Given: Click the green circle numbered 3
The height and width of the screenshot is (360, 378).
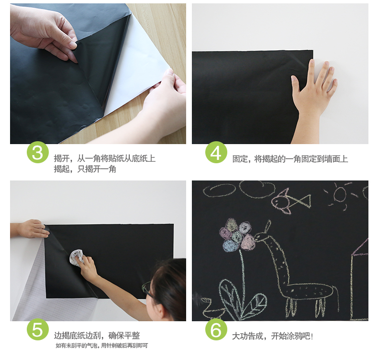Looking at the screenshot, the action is coord(38,152).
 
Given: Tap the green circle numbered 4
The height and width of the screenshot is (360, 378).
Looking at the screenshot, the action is coord(216,152).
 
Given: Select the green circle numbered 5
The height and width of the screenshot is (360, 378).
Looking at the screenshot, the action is coord(38,329).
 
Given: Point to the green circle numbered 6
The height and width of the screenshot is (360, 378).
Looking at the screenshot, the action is coord(216,329).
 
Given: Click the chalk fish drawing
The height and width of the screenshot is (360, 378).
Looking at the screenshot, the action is coord(290,202).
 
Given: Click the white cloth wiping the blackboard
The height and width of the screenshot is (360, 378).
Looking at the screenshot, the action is coord(77,258).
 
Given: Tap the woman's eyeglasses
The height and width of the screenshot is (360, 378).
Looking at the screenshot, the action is coord(147,289).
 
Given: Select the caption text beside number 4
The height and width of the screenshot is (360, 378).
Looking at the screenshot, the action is coord(290,159).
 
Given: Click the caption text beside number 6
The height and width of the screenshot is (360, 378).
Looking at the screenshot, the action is coord(272,336).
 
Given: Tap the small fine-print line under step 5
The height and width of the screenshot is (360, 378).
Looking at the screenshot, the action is coord(102,346).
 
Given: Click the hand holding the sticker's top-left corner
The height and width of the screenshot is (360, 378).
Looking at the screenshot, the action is coord(30,228).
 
